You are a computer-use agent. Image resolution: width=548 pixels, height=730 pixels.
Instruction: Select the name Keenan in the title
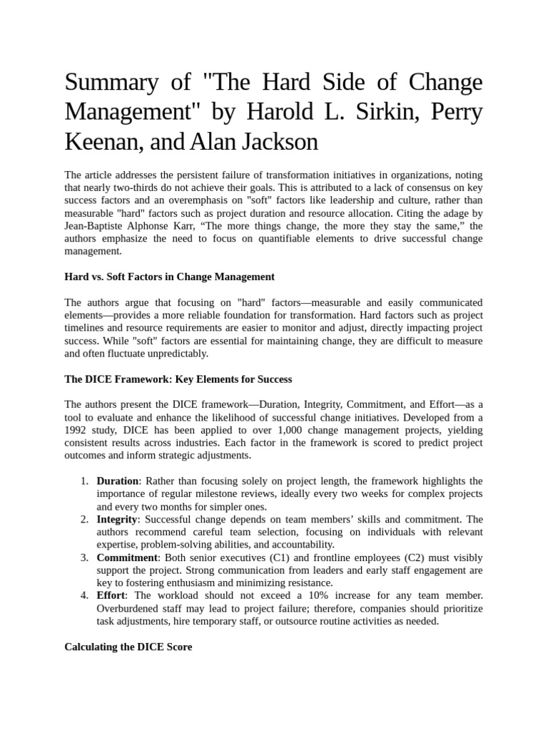[98, 142]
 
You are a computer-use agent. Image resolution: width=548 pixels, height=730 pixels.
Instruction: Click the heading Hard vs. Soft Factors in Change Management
[169, 276]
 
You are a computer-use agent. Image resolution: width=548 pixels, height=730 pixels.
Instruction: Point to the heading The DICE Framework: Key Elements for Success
[178, 379]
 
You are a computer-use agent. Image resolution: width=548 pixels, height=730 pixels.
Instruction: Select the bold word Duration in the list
[118, 481]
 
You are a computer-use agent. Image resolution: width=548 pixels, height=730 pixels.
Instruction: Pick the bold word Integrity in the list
[116, 520]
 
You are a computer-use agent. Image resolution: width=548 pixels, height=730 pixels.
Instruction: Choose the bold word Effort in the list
[111, 595]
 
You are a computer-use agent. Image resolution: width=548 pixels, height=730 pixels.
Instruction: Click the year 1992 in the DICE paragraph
[77, 430]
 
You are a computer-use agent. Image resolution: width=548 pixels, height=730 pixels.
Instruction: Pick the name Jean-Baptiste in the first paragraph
[94, 226]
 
